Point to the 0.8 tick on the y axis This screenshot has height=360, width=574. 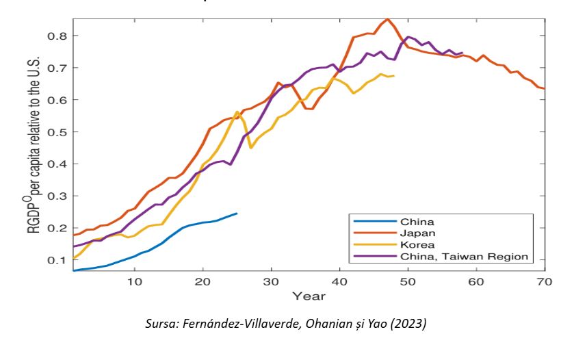pyautogui.click(x=57, y=35)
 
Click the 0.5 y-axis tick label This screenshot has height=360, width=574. pyautogui.click(x=57, y=131)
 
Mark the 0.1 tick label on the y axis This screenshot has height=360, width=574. pyautogui.click(x=57, y=260)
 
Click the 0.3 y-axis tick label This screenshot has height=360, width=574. pyautogui.click(x=57, y=196)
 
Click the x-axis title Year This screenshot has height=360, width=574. pyautogui.click(x=309, y=296)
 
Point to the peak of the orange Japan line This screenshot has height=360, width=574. pyautogui.click(x=387, y=19)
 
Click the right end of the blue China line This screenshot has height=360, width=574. pyautogui.click(x=237, y=214)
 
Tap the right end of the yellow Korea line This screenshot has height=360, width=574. pyautogui.click(x=394, y=76)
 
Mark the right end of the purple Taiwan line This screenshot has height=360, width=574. pyautogui.click(x=462, y=53)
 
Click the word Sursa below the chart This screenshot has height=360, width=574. pyautogui.click(x=163, y=324)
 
